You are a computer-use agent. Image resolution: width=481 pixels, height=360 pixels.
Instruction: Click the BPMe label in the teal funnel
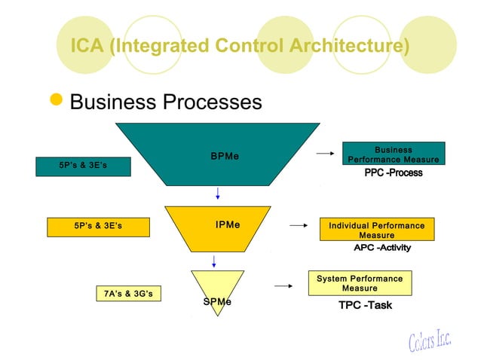[225, 157]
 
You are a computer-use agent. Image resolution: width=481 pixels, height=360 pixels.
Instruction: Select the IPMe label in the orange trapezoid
[228, 224]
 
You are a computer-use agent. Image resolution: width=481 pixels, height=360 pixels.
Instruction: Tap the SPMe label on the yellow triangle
[217, 301]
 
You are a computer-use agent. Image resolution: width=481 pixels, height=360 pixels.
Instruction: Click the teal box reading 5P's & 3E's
[83, 166]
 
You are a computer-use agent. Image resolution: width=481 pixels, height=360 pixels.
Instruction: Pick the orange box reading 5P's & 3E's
[98, 226]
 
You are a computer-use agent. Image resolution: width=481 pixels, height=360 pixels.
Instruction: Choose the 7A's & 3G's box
[129, 293]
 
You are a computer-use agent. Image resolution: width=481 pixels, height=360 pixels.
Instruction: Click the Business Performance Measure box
[393, 154]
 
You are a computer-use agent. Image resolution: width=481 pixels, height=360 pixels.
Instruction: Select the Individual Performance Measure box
[376, 230]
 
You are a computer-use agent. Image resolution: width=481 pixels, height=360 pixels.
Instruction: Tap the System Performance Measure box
[360, 283]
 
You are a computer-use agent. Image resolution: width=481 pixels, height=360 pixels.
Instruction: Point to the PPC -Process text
[393, 173]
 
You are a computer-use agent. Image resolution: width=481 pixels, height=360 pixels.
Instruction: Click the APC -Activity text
[382, 248]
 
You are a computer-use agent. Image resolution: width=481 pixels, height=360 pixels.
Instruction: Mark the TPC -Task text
[365, 305]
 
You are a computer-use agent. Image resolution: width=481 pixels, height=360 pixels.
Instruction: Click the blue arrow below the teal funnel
[218, 193]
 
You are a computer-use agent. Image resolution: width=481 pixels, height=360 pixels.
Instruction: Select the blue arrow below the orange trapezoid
[214, 261]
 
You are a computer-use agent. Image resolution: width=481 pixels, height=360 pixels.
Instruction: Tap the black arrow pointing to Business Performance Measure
[324, 154]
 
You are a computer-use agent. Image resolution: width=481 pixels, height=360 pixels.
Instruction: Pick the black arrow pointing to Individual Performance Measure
[299, 224]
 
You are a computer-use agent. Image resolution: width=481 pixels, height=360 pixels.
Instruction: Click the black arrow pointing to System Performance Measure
[283, 286]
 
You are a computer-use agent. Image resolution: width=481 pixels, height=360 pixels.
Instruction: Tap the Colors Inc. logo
[430, 340]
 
